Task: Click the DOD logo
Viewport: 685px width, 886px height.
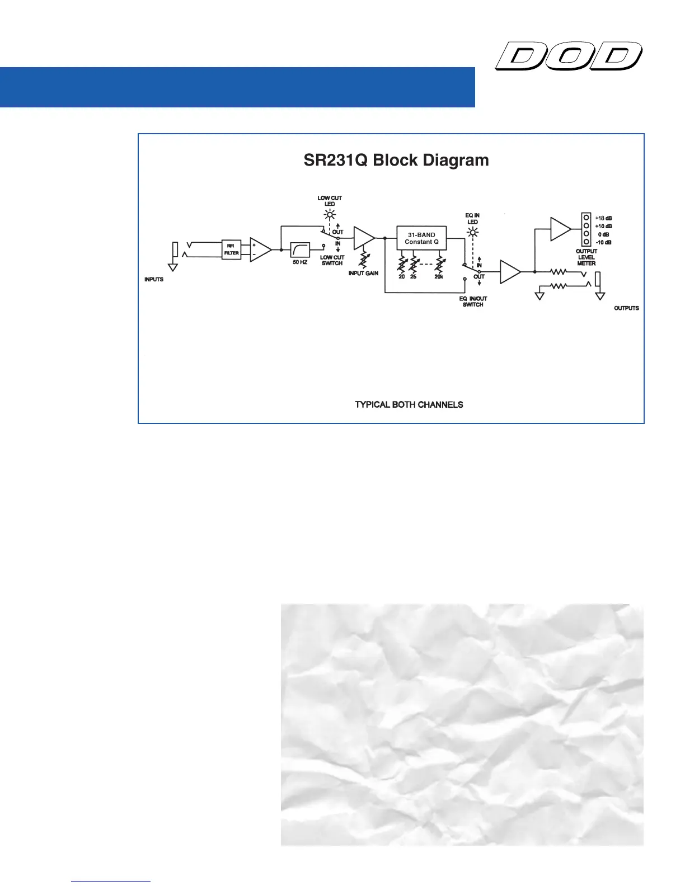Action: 568,56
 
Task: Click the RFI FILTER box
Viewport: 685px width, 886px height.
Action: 232,249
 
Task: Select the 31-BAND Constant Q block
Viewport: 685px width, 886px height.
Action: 421,238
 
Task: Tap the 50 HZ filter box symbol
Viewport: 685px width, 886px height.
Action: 300,249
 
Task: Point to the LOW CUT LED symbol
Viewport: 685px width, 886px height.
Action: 330,214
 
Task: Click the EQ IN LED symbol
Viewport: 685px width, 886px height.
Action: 473,232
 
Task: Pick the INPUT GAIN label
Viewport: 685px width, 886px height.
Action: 363,273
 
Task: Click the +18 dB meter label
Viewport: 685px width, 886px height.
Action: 603,218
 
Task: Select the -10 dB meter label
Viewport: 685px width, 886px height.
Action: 603,242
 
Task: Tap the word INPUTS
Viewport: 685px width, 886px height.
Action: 154,279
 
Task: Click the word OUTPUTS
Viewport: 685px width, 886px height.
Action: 626,308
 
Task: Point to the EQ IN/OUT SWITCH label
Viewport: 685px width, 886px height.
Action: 473,301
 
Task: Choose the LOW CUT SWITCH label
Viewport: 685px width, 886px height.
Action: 332,260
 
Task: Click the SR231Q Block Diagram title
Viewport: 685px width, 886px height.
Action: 396,161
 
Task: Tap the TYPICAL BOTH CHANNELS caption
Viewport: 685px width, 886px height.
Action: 409,404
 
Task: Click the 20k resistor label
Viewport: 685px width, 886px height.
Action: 439,277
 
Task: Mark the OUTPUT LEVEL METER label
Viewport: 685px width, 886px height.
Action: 587,257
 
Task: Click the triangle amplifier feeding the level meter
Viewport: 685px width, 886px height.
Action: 560,229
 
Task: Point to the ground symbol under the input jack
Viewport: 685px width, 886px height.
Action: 173,267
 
